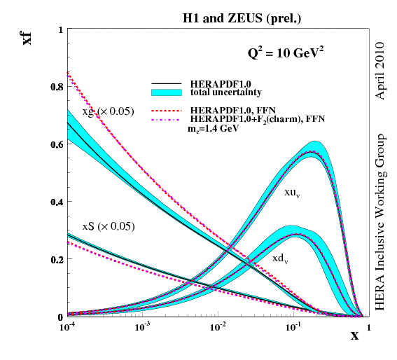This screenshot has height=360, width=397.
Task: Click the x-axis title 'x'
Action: (x=355, y=335)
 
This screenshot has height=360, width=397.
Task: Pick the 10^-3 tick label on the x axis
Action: (x=143, y=328)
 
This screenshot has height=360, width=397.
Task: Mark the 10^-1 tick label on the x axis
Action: (x=294, y=328)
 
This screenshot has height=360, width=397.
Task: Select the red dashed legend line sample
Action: (x=167, y=111)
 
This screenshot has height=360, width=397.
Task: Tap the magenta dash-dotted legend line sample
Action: (x=167, y=120)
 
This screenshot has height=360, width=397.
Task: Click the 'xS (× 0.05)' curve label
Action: (x=108, y=226)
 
